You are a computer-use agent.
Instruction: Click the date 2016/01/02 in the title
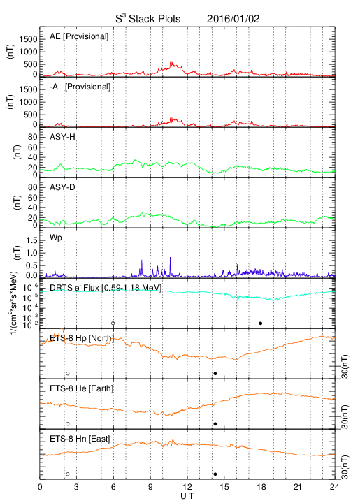233,19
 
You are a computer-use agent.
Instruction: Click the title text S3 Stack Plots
148,18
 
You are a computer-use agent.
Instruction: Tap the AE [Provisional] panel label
79,36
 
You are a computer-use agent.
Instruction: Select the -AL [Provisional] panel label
80,87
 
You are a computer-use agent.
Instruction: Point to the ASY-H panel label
62,137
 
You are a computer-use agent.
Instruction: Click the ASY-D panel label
62,187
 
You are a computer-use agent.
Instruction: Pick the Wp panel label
56,238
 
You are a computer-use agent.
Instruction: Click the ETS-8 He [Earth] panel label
82,388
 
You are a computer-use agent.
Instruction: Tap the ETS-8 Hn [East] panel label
80,439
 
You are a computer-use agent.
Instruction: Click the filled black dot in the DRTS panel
261,323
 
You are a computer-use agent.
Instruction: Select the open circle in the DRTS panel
113,323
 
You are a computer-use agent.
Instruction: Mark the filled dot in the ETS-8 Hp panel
215,373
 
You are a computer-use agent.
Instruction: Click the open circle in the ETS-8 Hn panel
68,474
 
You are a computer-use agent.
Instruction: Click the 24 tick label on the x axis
335,487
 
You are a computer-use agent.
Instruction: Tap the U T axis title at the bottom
187,496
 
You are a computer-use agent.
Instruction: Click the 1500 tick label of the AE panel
28,39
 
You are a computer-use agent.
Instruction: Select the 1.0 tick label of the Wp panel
31,253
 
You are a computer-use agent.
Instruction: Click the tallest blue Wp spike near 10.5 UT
170,258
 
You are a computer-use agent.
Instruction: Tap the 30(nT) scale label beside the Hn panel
345,467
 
